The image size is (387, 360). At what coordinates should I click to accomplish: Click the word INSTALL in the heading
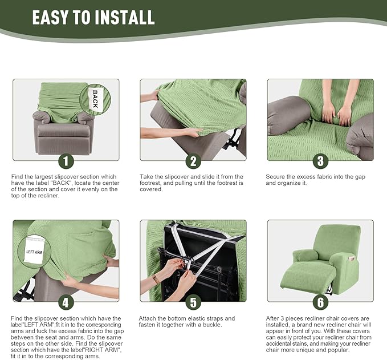coord(126,17)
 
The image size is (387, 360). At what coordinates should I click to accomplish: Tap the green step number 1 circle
coord(66,161)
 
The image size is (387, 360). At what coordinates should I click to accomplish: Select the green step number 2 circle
coord(193,161)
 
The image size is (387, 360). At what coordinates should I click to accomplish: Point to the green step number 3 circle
coord(320,161)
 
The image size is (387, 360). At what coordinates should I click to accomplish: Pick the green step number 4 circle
coord(66,302)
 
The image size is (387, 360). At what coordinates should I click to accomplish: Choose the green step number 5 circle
coord(193,302)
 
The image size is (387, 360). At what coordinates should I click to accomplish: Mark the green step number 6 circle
coord(320,302)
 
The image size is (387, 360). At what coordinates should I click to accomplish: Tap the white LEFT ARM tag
coord(34,251)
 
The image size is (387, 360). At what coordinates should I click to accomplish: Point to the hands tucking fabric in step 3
coord(337,114)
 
